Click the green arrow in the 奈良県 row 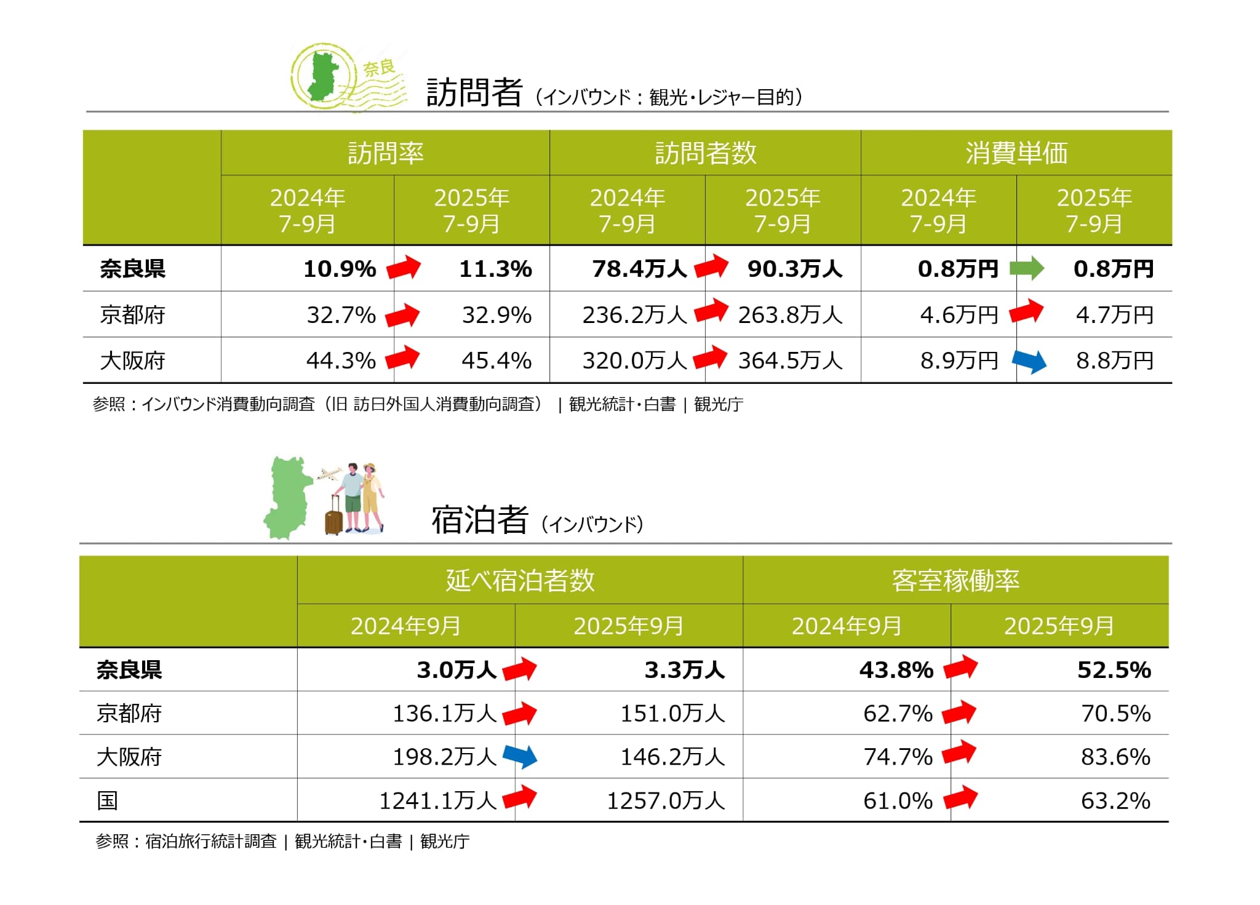tap(1027, 269)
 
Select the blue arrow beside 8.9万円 tap(1029, 361)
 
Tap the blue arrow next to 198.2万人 tap(520, 756)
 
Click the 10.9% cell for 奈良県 tap(340, 269)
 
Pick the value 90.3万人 tap(794, 269)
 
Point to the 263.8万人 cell tap(790, 315)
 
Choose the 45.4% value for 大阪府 tap(496, 361)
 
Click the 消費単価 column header tap(1016, 153)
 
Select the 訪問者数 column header tap(705, 153)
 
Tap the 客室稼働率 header tap(955, 580)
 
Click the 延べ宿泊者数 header tap(520, 580)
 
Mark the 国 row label tap(108, 800)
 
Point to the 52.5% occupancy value tap(1114, 669)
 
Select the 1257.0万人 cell tap(666, 800)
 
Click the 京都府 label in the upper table tap(133, 315)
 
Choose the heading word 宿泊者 tap(479, 520)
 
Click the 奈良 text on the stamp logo tap(379, 68)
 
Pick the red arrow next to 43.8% tap(960, 668)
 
